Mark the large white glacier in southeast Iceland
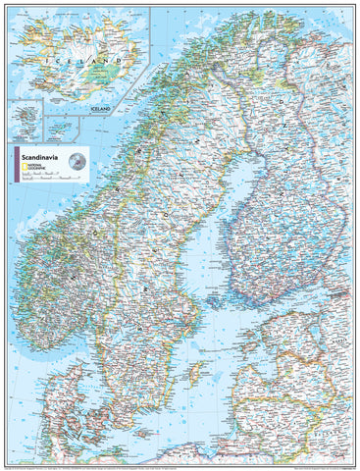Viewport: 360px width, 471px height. coord(105,65)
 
